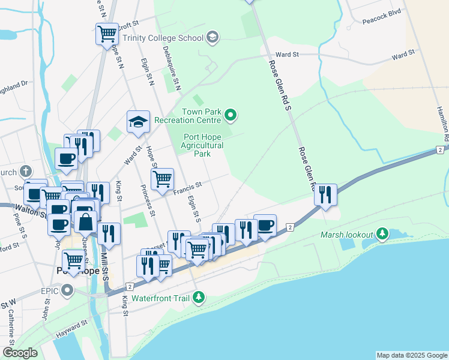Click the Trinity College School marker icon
211,38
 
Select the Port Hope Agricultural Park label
203,145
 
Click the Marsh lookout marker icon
382,235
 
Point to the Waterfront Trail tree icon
199,298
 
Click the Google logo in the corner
20,353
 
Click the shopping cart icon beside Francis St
162,179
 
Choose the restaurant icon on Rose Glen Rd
325,194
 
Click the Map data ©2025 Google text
411,355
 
